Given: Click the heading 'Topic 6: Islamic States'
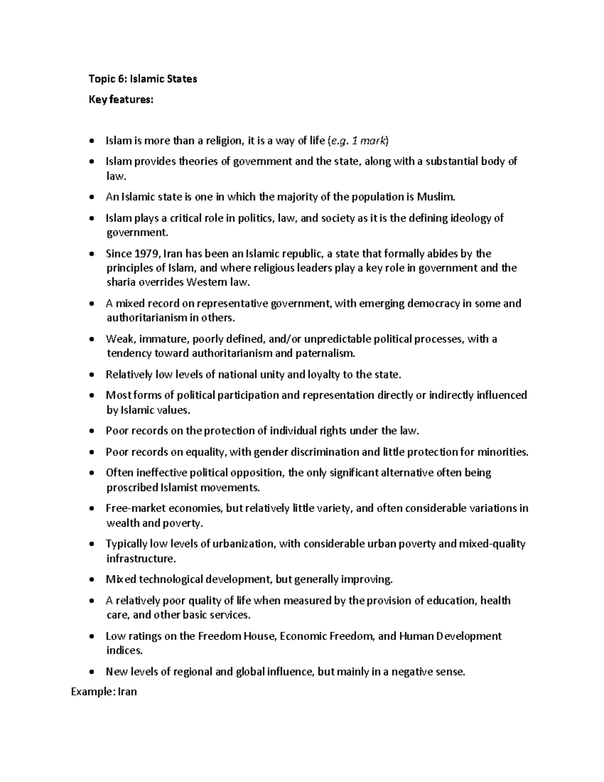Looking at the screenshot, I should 142,79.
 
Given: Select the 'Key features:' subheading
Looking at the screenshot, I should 120,100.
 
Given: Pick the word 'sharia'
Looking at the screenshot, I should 120,282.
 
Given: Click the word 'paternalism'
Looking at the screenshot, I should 324,353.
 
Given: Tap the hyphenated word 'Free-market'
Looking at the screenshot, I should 135,508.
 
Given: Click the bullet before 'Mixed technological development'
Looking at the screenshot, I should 91,580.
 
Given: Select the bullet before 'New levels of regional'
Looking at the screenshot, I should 91,672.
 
